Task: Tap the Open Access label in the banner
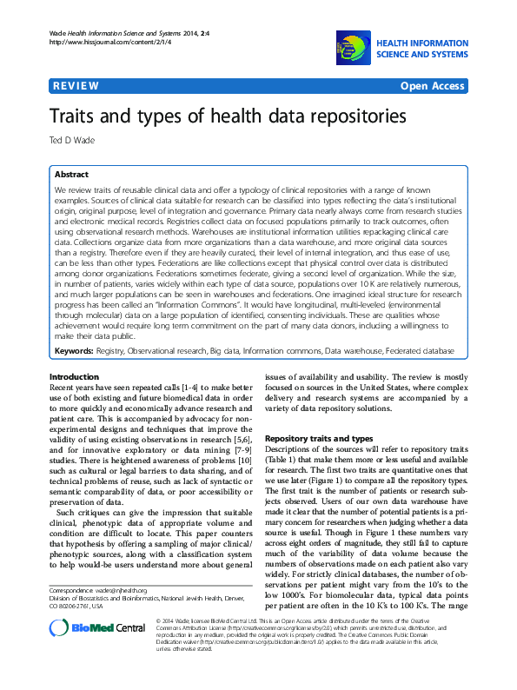pyautogui.click(x=432, y=86)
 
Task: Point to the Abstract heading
pyautogui.click(x=71, y=174)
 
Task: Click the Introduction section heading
pyautogui.click(x=75, y=376)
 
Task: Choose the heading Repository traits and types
pyautogui.click(x=318, y=439)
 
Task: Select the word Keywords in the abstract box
pyautogui.click(x=74, y=350)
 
